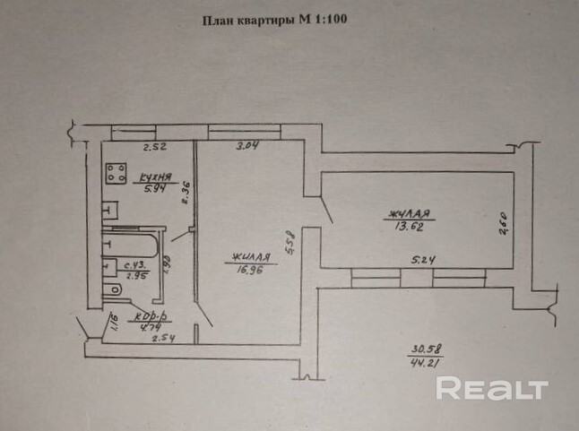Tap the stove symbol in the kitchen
coord(114,172)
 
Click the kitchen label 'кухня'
coord(150,178)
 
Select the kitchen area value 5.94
coord(149,190)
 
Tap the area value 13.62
coord(409,226)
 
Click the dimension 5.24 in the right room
coord(423,261)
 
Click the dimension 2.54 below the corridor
coord(162,340)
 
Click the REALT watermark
coord(491,389)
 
